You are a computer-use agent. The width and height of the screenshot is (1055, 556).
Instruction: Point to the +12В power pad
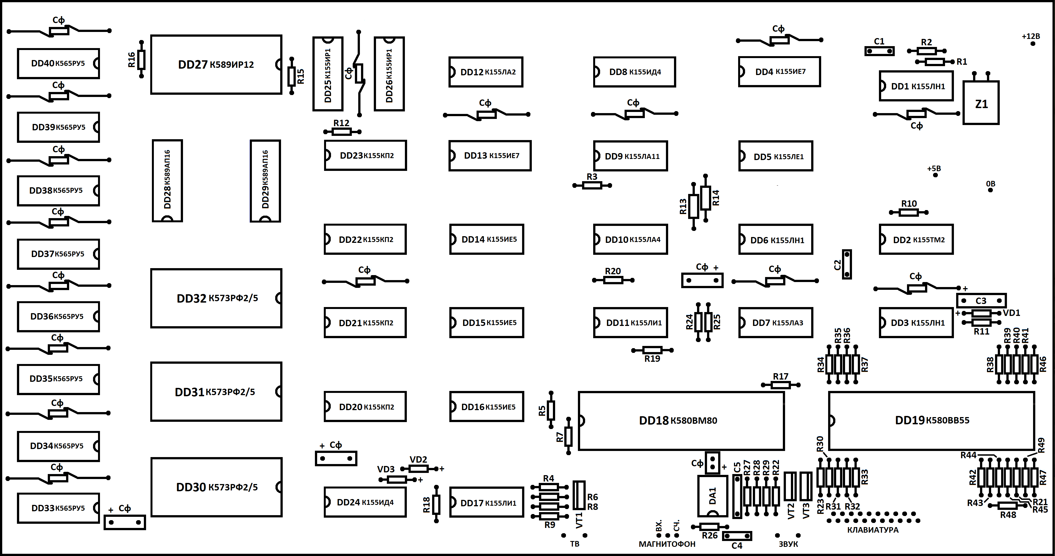pos(1033,43)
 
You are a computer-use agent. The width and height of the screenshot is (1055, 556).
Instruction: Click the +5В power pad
pos(935,175)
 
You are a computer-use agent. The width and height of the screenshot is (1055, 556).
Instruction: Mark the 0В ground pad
pos(990,190)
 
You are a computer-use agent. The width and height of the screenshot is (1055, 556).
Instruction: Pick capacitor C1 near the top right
pos(879,51)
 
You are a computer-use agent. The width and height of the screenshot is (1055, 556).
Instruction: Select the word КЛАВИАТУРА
pos(873,530)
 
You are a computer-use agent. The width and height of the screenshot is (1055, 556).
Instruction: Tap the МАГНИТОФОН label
pos(667,544)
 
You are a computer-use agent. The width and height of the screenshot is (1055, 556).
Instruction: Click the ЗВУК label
pos(788,544)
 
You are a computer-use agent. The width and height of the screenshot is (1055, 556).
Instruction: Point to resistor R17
pos(781,385)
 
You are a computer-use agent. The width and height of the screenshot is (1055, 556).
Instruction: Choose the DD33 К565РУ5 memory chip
pos(58,508)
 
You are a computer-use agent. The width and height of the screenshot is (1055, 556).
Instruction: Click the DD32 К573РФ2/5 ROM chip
pos(216,298)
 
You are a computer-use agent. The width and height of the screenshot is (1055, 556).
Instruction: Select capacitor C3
pos(981,301)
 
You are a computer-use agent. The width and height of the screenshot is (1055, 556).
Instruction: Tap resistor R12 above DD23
pos(342,131)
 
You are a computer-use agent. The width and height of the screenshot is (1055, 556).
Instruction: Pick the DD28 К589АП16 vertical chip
pos(167,181)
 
